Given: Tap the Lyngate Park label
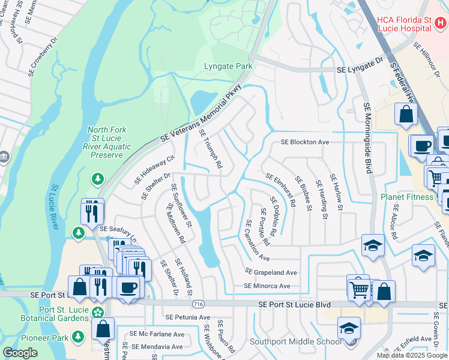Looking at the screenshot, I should pyautogui.click(x=226, y=67).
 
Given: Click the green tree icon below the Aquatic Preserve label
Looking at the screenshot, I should pyautogui.click(x=97, y=178).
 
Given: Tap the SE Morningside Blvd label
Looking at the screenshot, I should pyautogui.click(x=368, y=138).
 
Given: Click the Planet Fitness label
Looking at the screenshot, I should pyautogui.click(x=406, y=197).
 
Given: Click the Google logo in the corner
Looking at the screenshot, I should pyautogui.click(x=20, y=353).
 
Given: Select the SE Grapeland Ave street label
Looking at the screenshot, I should pyautogui.click(x=271, y=272).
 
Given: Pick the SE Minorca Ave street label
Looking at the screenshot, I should pyautogui.click(x=267, y=286).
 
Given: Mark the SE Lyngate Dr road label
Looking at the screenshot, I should pyautogui.click(x=360, y=70).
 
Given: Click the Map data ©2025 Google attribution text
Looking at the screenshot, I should pyautogui.click(x=412, y=355).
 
